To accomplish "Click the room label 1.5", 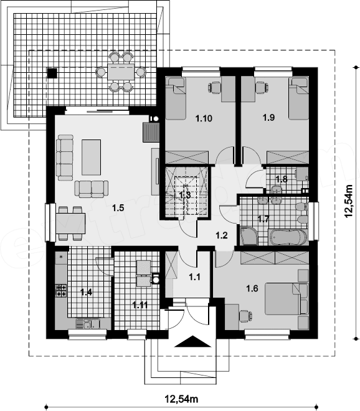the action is pyautogui.click(x=118, y=208).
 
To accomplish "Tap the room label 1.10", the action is pyautogui.click(x=204, y=118).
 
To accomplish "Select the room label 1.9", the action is pyautogui.click(x=269, y=117).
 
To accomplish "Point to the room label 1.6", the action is pyautogui.click(x=252, y=288).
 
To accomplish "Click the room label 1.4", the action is pyautogui.click(x=87, y=292).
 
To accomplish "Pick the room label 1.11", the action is pyautogui.click(x=140, y=305).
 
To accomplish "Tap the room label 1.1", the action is pyautogui.click(x=194, y=276).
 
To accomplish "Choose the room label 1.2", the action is pyautogui.click(x=222, y=235).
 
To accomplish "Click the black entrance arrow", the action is pyautogui.click(x=192, y=341).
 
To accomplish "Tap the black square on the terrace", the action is pyautogui.click(x=52, y=73).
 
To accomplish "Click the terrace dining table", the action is pyautogui.click(x=121, y=72).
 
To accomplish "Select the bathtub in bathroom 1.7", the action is pyautogui.click(x=287, y=237).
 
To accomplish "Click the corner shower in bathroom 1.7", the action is pyautogui.click(x=249, y=236).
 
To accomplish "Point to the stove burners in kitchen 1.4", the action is pyautogui.click(x=61, y=291).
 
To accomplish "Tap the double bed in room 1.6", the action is pyautogui.click(x=283, y=298).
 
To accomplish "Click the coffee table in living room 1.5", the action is pyautogui.click(x=91, y=158).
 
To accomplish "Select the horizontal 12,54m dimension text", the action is pyautogui.click(x=181, y=399).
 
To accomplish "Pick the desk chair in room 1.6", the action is pyautogui.click(x=245, y=316).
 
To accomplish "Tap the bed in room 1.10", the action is pyautogui.click(x=176, y=98).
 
